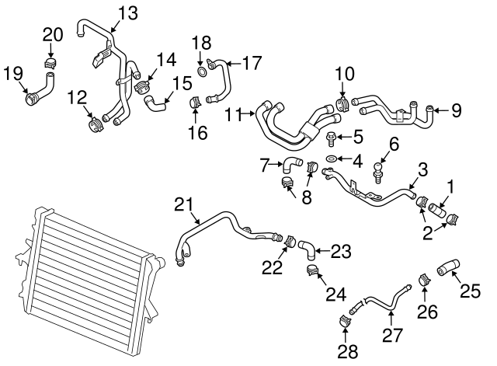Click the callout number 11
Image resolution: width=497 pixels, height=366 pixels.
235,115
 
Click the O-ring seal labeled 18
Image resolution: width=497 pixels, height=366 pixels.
202,72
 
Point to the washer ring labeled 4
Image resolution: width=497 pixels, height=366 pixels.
330,159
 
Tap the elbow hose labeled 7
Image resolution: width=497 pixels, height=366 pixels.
293,163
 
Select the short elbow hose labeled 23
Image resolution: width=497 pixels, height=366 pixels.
309,248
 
